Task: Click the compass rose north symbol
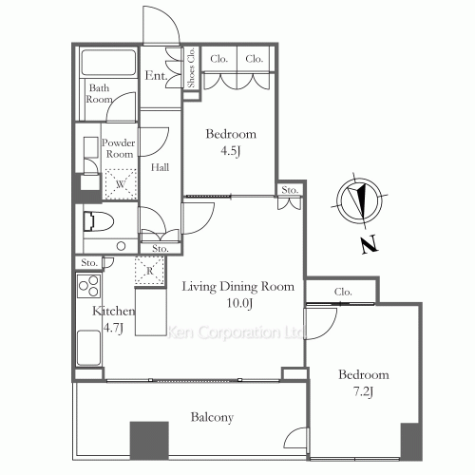pos(359,201)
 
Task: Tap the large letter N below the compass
pos(369,244)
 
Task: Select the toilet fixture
pos(99,221)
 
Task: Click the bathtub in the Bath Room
pos(108,62)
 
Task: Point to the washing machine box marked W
pos(121,184)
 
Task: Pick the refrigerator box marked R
pos(150,271)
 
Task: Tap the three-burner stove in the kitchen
pos(89,286)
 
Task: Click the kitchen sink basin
pos(89,348)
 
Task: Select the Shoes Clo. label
pos(191,67)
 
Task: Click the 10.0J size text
pos(239,303)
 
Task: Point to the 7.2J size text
pos(363,392)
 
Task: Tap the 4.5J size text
pos(231,151)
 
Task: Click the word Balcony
pos(212,417)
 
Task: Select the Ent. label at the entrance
pos(156,75)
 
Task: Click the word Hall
pos(160,167)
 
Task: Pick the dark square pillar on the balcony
pos(149,441)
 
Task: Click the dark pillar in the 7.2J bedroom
pos(411,441)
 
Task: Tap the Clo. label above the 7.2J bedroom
pos(343,292)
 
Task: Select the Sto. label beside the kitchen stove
pos(89,263)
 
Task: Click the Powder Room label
pos(119,148)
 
